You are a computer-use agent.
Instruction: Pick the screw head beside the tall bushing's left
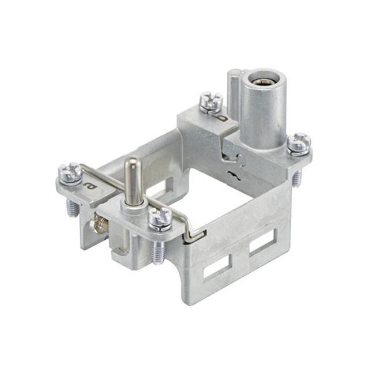[211, 101]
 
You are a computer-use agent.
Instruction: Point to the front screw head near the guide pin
[159, 217]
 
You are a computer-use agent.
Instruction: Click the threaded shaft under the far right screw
[296, 178]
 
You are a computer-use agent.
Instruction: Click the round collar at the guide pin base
[134, 206]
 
